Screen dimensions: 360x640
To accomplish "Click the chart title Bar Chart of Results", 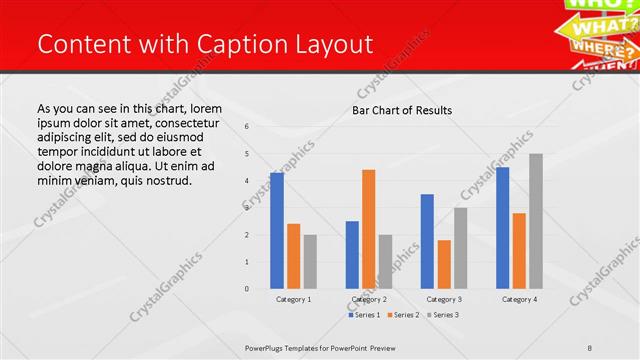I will pos(401,110).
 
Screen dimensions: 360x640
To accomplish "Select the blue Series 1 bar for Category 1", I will pos(277,231).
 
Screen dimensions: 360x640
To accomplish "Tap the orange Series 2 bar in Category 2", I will pos(368,229).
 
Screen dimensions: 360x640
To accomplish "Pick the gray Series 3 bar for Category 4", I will pos(536,221).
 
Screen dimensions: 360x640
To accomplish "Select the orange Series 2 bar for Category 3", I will pos(444,264).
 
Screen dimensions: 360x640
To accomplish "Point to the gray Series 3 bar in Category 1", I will pos(310,262).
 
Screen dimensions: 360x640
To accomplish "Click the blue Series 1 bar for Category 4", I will pos(502,228).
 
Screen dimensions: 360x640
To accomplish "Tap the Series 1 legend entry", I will pos(364,315).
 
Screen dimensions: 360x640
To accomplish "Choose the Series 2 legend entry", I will pos(402,315).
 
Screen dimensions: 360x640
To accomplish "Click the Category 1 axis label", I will pos(293,299).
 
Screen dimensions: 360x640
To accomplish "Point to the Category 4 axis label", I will pos(519,299).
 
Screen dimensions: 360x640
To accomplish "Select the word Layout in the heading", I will pos(334,45).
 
